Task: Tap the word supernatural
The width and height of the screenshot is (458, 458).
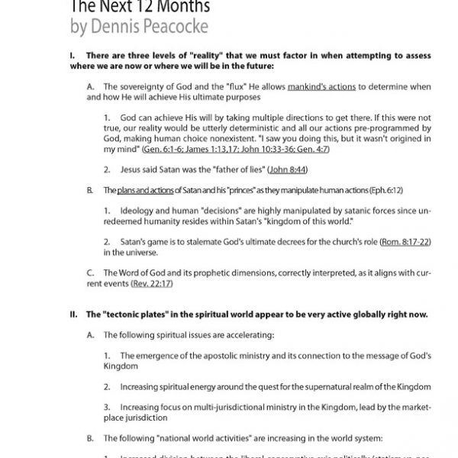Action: [x=321, y=386]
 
